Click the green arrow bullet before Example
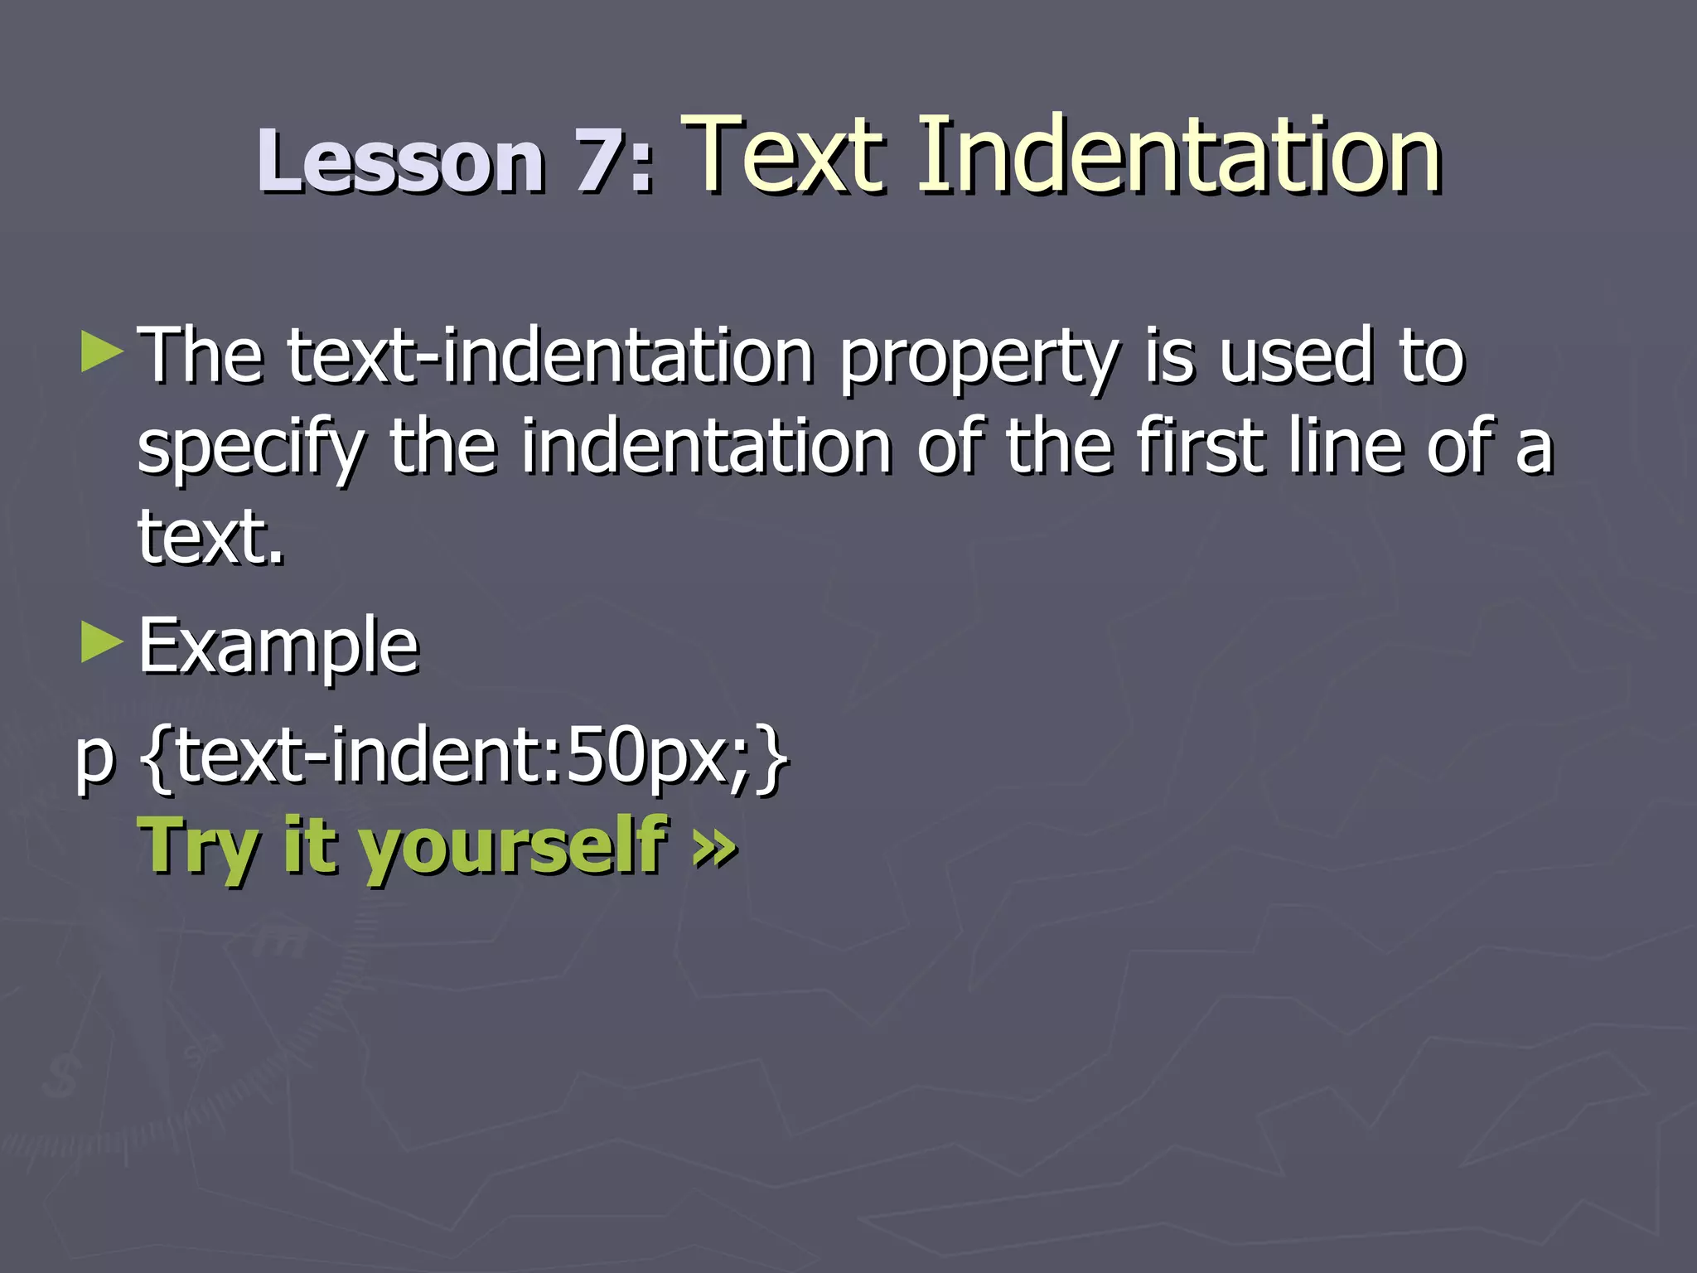[x=102, y=643]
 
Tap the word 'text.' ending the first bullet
[x=211, y=537]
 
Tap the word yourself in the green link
[x=514, y=847]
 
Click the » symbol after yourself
[x=714, y=847]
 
